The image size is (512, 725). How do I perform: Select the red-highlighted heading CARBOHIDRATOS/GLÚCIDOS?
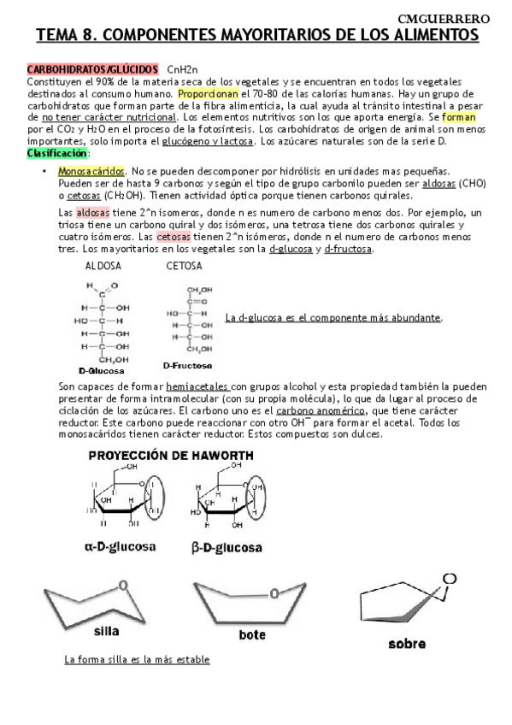coord(92,68)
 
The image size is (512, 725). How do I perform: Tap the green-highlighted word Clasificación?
coord(56,152)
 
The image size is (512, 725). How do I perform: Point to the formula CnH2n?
coord(183,68)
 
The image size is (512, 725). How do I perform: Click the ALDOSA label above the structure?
coord(103,266)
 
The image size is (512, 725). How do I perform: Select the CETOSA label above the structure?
coord(184,266)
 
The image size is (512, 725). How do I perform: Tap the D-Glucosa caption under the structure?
coord(101,371)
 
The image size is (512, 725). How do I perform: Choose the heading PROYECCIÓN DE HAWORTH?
coord(171,457)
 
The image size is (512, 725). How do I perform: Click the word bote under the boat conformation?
coord(252,634)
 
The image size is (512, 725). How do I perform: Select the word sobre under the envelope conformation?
coord(406,643)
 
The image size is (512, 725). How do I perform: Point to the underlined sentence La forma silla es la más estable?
coord(137,660)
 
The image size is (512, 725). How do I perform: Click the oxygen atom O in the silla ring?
coord(125,586)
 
